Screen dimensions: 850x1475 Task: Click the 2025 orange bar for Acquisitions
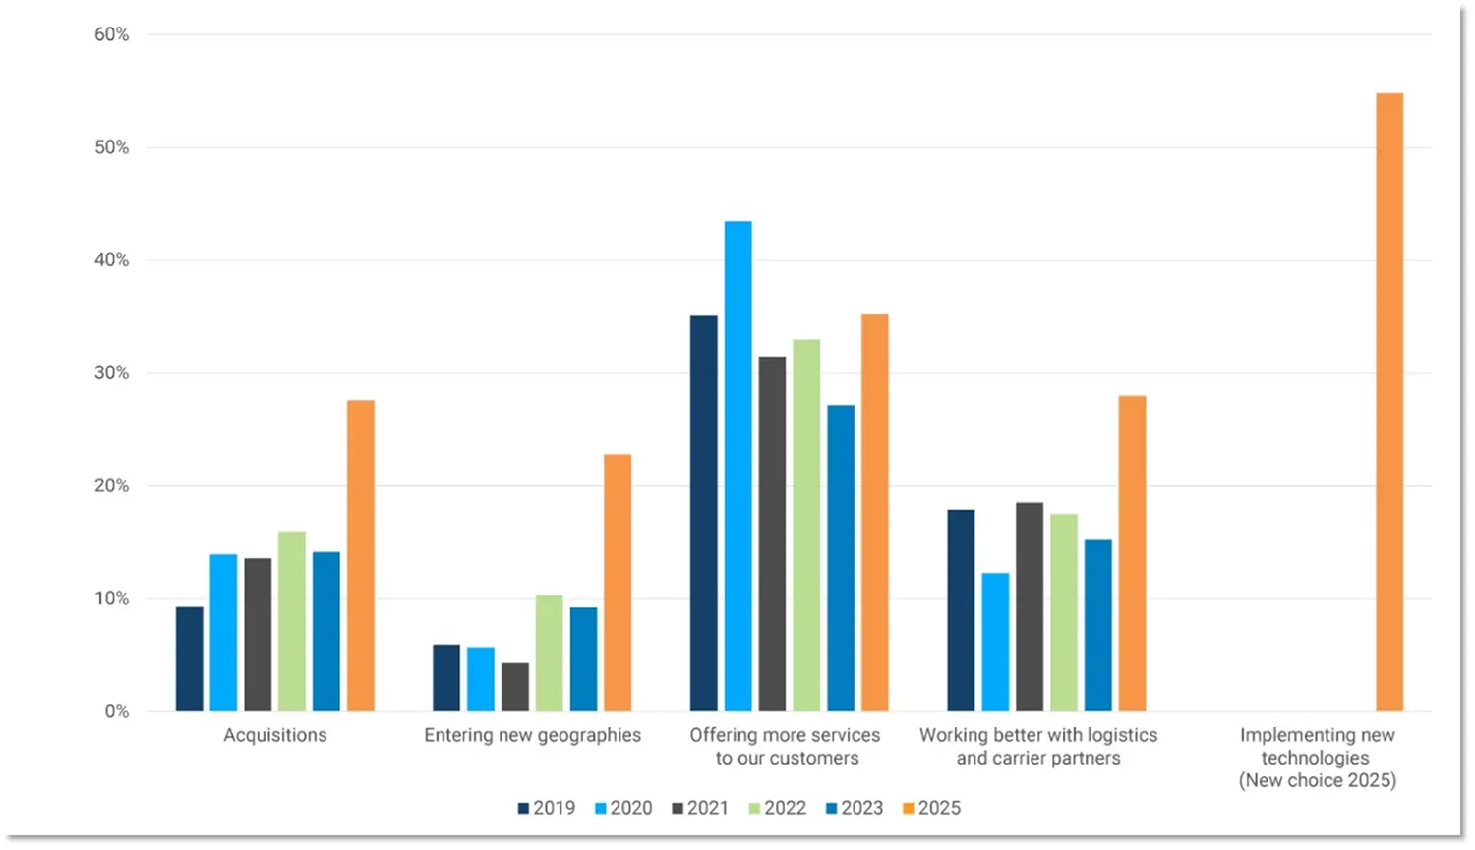pos(361,555)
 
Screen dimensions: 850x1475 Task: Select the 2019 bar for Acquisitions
pos(190,658)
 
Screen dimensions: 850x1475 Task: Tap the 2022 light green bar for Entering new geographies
pos(549,652)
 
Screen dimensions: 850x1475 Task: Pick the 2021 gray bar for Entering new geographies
pos(514,687)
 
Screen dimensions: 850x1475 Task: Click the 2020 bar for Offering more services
pos(737,466)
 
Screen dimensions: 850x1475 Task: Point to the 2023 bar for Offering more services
pos(841,557)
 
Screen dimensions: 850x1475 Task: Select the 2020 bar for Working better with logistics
pos(995,642)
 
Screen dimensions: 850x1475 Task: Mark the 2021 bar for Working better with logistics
pos(1030,606)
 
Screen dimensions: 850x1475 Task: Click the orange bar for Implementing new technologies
pos(1389,402)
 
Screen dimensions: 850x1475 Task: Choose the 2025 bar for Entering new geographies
pos(618,582)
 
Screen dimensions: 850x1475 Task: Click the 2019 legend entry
pos(547,808)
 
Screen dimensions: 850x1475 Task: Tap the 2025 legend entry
pos(931,808)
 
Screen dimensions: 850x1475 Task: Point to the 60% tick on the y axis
pos(112,34)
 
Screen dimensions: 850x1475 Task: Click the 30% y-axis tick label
pos(112,373)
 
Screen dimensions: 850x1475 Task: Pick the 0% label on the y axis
pos(117,711)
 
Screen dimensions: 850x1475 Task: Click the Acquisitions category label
pos(275,735)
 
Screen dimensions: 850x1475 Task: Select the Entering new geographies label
pos(532,735)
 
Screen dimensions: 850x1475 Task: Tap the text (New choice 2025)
pos(1317,780)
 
